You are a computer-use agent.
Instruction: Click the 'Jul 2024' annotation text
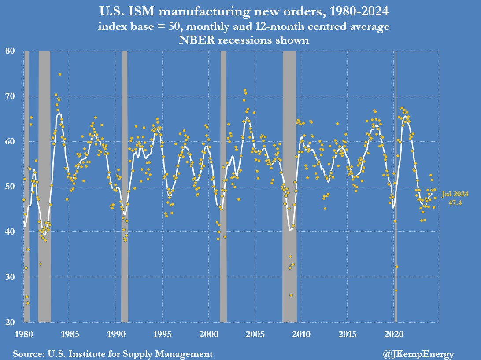pyautogui.click(x=455, y=194)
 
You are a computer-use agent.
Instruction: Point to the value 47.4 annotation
pyautogui.click(x=455, y=202)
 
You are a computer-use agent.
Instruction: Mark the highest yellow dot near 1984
pyautogui.click(x=60, y=74)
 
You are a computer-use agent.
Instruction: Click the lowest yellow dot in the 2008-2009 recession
pyautogui.click(x=291, y=295)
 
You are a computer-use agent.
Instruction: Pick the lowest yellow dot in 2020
pyautogui.click(x=396, y=290)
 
